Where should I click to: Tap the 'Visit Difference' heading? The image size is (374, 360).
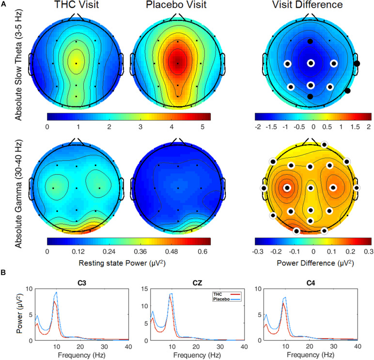312,6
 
